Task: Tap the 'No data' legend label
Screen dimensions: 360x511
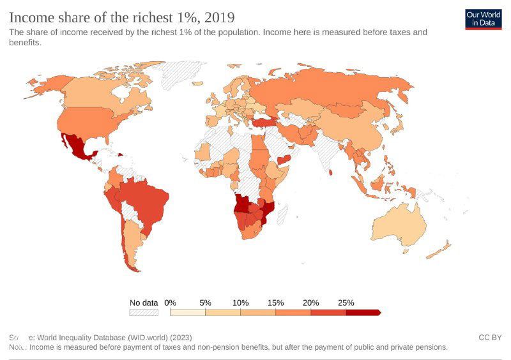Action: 143,303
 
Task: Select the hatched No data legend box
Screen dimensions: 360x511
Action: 144,313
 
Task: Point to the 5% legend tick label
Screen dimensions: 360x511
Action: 206,303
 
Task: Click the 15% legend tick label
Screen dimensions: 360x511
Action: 276,303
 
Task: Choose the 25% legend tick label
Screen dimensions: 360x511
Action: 346,303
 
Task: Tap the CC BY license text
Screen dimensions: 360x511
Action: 490,337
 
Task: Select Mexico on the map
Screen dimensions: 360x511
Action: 75,146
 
